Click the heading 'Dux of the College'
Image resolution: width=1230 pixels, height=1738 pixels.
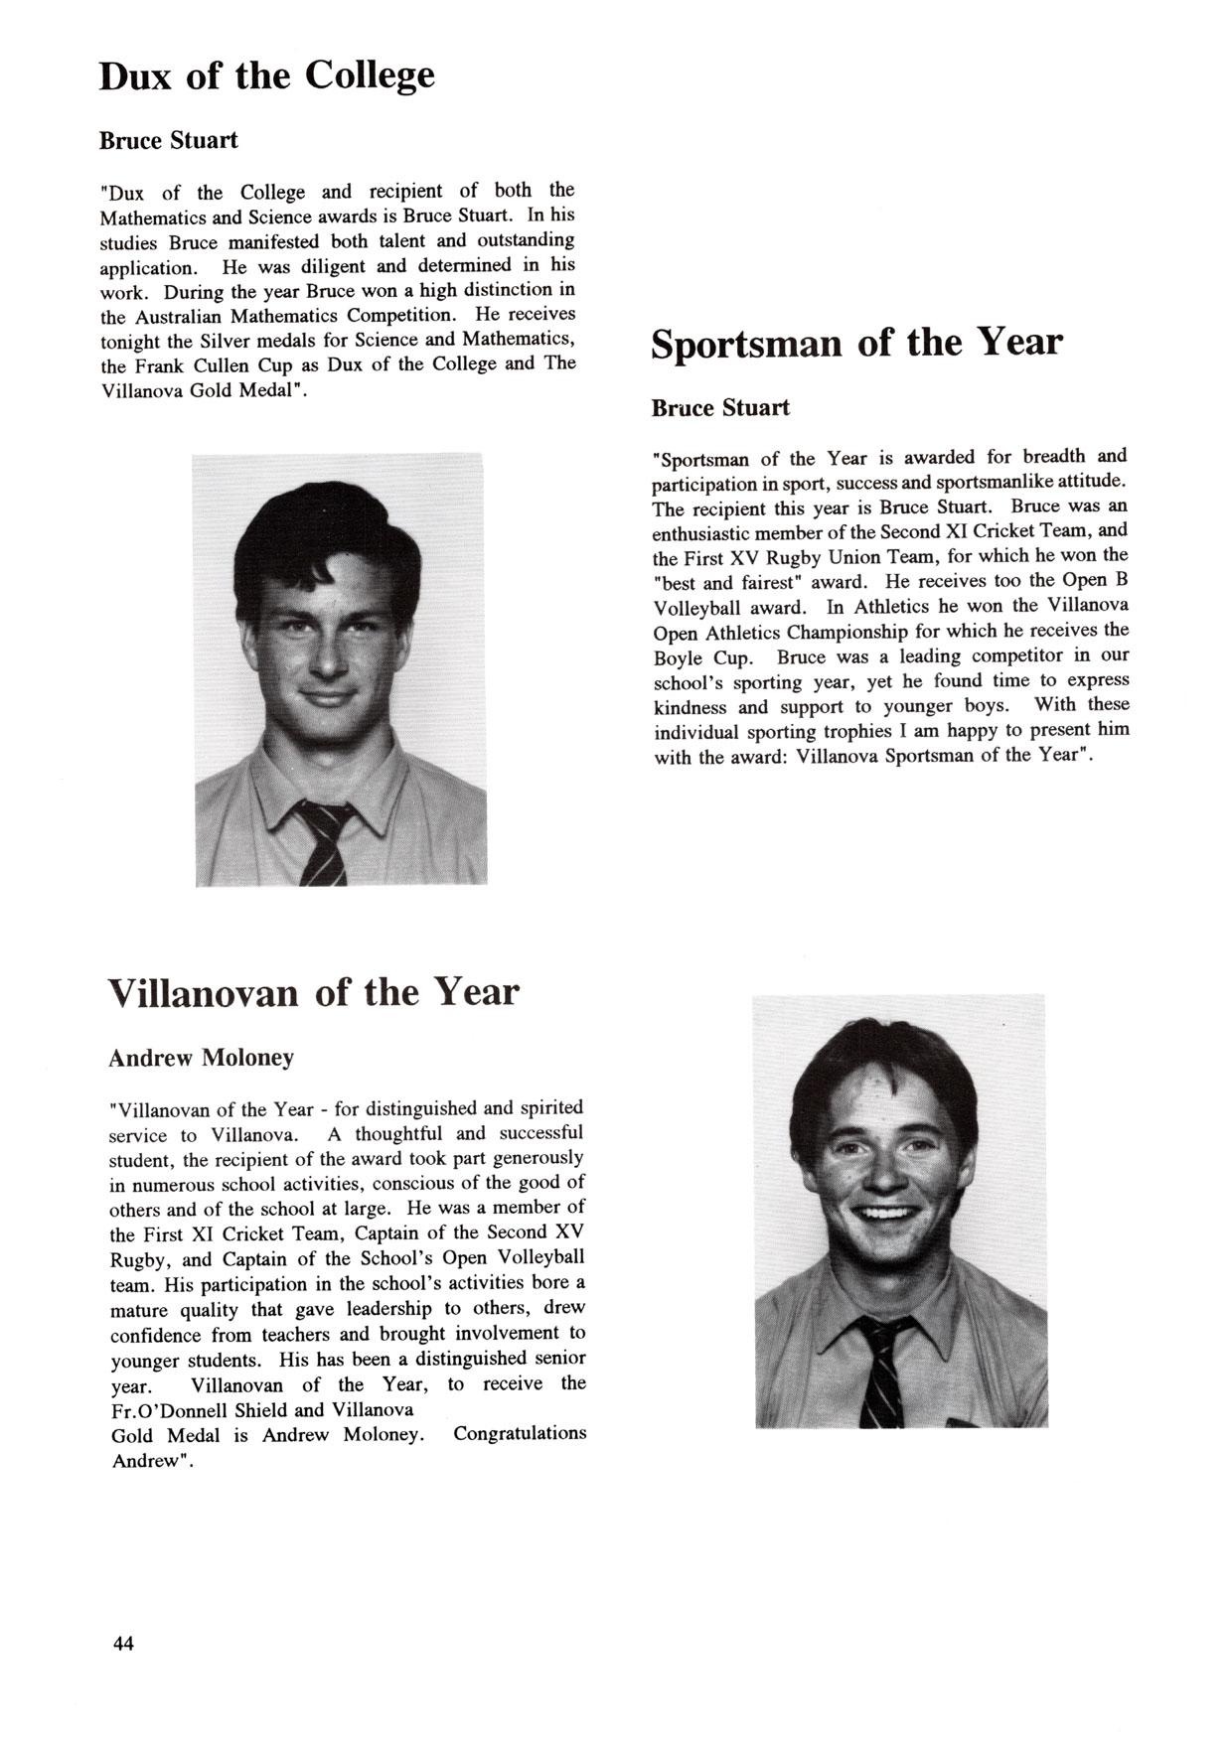266,76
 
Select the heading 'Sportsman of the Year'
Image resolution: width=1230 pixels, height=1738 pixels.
856,344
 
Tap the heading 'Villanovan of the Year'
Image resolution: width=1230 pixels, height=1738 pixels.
313,992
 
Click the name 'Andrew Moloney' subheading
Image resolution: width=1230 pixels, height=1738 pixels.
201,1058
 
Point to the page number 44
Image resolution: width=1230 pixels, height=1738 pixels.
123,1643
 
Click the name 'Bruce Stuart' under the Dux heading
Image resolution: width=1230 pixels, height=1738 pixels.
168,140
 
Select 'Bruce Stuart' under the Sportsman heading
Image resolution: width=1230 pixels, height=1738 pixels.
720,408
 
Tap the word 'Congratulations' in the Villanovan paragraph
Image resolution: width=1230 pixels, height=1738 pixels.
520,1433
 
